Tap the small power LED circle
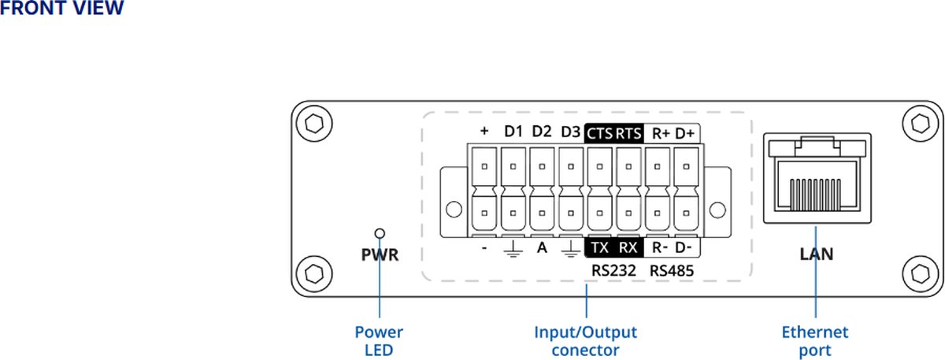point(380,233)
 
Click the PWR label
point(380,255)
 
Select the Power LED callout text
point(379,341)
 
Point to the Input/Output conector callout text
point(586,341)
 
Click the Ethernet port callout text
point(815,341)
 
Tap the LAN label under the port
point(817,254)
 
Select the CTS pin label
point(599,132)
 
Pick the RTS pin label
point(628,132)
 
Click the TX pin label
point(600,247)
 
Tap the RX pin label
point(628,247)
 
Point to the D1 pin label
point(513,132)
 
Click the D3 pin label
point(570,132)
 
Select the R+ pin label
point(660,132)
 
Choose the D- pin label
point(685,247)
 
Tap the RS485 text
point(672,270)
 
